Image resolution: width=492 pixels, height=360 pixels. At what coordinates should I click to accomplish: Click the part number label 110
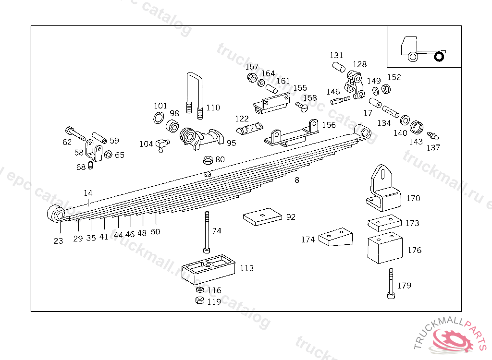213,108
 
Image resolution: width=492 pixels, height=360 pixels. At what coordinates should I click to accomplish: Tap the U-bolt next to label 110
195,96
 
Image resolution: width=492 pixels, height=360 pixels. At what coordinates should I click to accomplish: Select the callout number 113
246,268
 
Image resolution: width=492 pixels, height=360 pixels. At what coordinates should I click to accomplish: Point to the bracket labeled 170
383,190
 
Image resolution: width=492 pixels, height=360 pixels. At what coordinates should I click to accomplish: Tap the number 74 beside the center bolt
217,231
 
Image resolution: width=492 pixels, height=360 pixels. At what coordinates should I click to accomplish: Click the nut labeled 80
208,160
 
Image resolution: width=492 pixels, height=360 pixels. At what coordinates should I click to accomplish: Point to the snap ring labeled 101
160,118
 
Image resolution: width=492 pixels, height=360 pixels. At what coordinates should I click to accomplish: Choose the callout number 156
329,125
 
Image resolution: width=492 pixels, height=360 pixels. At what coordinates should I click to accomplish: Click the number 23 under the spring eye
58,241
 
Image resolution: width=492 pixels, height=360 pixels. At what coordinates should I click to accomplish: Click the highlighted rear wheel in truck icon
439,57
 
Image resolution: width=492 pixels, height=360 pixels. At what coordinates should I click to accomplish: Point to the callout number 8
297,180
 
